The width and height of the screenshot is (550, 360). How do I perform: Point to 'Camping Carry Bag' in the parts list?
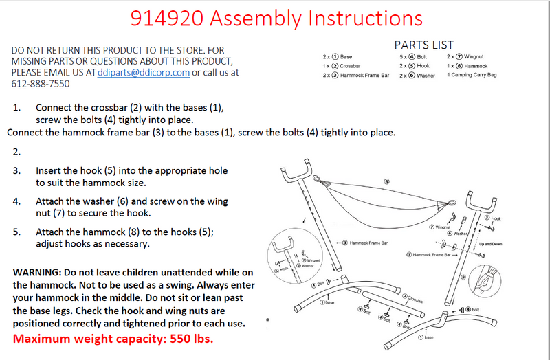tap(475, 75)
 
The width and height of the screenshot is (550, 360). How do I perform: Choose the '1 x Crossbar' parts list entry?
tap(351, 65)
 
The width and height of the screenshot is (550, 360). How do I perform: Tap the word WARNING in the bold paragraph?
tap(40, 273)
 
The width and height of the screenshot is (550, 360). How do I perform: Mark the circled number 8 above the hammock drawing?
tap(386, 182)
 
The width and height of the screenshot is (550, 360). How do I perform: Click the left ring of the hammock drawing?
tap(316, 179)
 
